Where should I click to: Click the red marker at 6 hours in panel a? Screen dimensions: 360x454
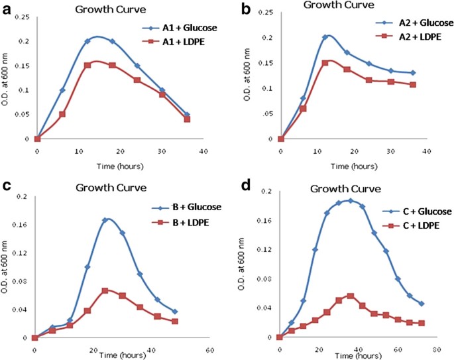click(x=62, y=114)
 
